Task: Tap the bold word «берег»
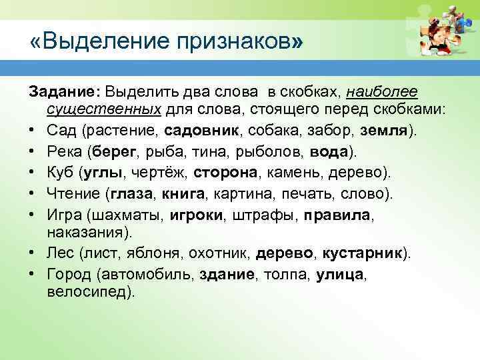tap(115, 151)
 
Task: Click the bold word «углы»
tap(101, 173)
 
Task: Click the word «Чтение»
tap(73, 194)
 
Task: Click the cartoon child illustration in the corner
tap(441, 33)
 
